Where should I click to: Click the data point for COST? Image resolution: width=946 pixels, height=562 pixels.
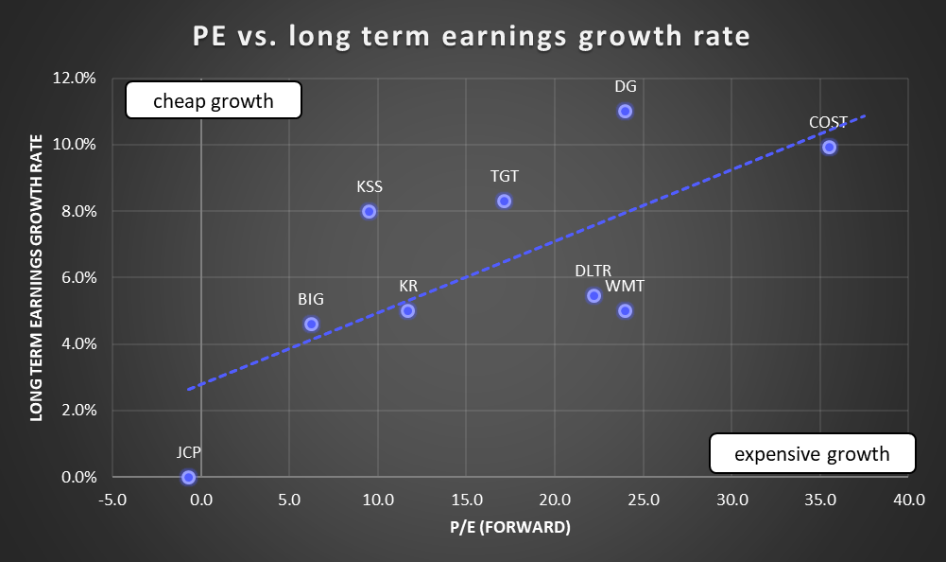coord(829,147)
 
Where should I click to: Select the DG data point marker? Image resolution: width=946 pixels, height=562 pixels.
coord(625,111)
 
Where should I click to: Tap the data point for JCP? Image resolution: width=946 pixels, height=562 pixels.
coord(188,477)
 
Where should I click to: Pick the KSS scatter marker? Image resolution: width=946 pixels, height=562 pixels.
coord(369,211)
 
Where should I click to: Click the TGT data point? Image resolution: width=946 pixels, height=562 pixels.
coord(504,201)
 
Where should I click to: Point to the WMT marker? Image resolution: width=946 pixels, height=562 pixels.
coord(625,310)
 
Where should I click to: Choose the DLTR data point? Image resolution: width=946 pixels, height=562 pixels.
coord(593,295)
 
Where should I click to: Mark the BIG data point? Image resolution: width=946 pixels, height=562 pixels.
coord(311,324)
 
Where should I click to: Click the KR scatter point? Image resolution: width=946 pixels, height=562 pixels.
coord(407,310)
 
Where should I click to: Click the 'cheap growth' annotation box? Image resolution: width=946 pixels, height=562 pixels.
coord(214,100)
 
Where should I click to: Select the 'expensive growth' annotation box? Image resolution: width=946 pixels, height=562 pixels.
coord(813,453)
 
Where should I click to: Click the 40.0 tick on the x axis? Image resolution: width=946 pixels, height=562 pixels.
coord(908,500)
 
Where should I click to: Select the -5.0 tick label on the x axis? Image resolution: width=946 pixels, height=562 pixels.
coord(112,500)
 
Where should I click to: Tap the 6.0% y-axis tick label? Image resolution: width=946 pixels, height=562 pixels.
coord(79,277)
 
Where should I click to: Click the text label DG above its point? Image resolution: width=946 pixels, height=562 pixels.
coord(625,86)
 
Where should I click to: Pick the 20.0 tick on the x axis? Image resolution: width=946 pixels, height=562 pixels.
coord(555,500)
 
